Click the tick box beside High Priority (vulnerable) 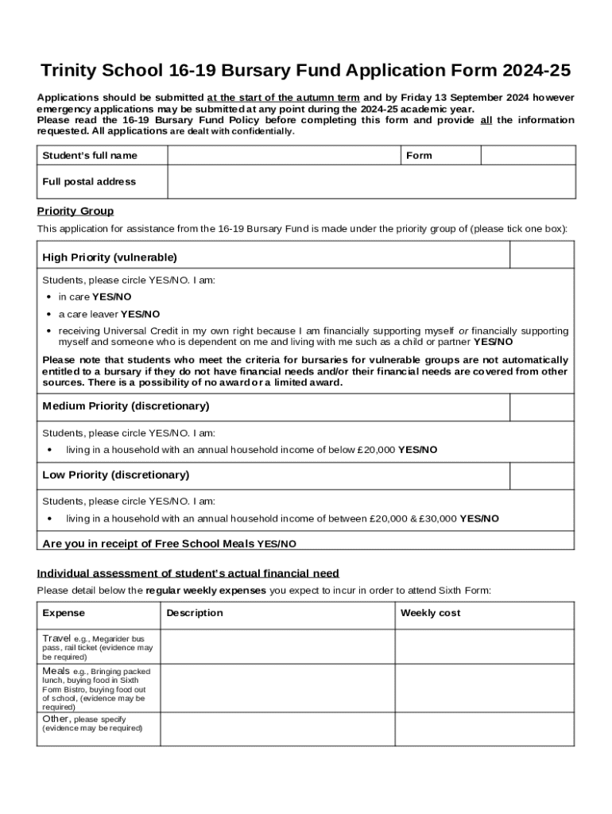(541, 255)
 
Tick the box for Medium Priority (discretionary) (541, 407)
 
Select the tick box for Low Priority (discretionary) (541, 475)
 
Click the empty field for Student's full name (284, 155)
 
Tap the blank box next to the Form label (528, 155)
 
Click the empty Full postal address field (371, 182)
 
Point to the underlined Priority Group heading (76, 211)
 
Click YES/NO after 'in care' (112, 297)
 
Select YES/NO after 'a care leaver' (140, 314)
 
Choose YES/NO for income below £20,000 (417, 450)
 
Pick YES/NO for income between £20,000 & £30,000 (479, 518)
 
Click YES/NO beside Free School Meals (277, 545)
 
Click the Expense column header (64, 614)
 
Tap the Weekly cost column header (430, 614)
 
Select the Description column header (195, 614)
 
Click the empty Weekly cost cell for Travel (484, 647)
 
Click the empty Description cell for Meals (277, 688)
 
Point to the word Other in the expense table (56, 719)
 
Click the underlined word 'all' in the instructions (487, 120)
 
